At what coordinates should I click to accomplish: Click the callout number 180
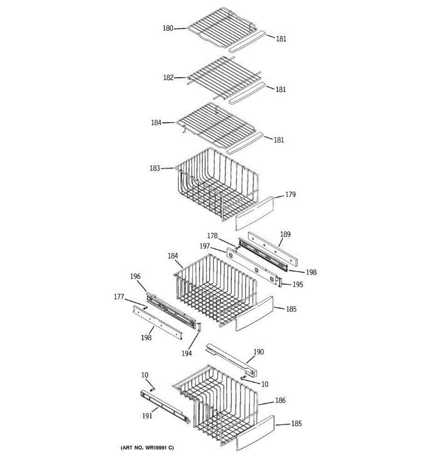[168, 28]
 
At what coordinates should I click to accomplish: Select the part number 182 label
[168, 78]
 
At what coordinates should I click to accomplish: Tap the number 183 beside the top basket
[154, 168]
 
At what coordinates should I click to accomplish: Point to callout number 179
[290, 195]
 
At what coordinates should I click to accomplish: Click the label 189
[285, 234]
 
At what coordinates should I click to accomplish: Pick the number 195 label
[298, 284]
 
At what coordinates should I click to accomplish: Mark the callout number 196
[135, 276]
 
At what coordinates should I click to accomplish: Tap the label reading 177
[119, 297]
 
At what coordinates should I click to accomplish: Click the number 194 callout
[186, 353]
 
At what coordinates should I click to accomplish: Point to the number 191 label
[147, 415]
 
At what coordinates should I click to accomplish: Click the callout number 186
[280, 400]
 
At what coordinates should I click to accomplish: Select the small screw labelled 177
[145, 307]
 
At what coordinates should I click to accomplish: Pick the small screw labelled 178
[236, 248]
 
